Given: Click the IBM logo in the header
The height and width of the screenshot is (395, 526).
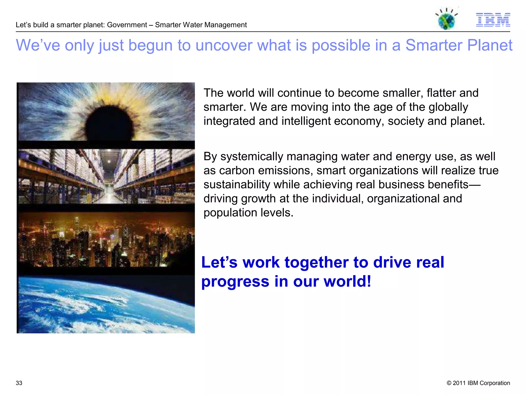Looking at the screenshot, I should coord(493,20).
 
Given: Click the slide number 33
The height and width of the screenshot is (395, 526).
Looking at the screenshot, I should coord(19,383).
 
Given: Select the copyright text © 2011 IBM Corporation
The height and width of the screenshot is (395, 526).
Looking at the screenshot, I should coord(478,383).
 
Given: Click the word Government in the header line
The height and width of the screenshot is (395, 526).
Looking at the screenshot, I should coord(127,25).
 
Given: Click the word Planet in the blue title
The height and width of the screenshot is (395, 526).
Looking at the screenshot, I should coord(490,46).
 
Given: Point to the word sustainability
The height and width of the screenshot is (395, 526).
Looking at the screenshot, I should coord(237,185).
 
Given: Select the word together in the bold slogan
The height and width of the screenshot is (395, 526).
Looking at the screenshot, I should coord(316,263).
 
